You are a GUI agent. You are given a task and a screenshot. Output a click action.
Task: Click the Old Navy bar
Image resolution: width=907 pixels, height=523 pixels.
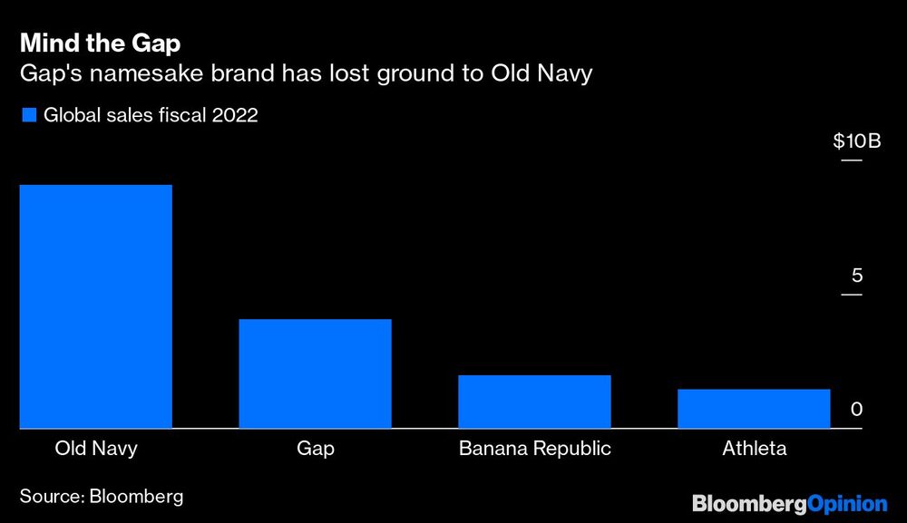point(95,306)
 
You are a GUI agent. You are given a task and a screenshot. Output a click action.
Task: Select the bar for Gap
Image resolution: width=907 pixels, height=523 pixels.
point(315,373)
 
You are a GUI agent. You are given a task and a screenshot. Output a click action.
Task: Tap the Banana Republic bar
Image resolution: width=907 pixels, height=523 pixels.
point(534,402)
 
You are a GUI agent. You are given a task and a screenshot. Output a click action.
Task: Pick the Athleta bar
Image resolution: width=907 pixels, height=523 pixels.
point(754,409)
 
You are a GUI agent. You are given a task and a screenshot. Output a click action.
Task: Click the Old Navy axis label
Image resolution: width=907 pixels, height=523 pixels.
point(96,449)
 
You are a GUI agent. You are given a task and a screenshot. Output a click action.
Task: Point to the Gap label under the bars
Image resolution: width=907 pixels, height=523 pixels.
point(315,449)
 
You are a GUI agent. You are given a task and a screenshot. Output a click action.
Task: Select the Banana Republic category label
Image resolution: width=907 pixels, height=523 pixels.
point(534,449)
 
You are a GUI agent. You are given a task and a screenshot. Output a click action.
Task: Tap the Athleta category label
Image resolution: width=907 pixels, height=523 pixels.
point(754,449)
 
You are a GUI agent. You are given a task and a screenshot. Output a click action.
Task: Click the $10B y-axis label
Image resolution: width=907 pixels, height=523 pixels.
point(856,141)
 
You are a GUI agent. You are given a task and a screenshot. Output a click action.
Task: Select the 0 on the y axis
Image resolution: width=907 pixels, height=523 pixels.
point(856,410)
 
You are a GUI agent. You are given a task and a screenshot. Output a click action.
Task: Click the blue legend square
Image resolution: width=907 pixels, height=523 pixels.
point(28,115)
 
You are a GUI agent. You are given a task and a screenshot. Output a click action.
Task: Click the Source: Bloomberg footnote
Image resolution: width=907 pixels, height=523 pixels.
point(101,496)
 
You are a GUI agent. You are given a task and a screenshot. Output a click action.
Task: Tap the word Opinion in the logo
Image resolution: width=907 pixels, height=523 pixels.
point(846,503)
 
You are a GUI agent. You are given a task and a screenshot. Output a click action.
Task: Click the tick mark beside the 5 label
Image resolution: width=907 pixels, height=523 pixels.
point(852,295)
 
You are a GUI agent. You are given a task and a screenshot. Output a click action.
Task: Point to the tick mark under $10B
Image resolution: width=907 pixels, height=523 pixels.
point(852,160)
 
